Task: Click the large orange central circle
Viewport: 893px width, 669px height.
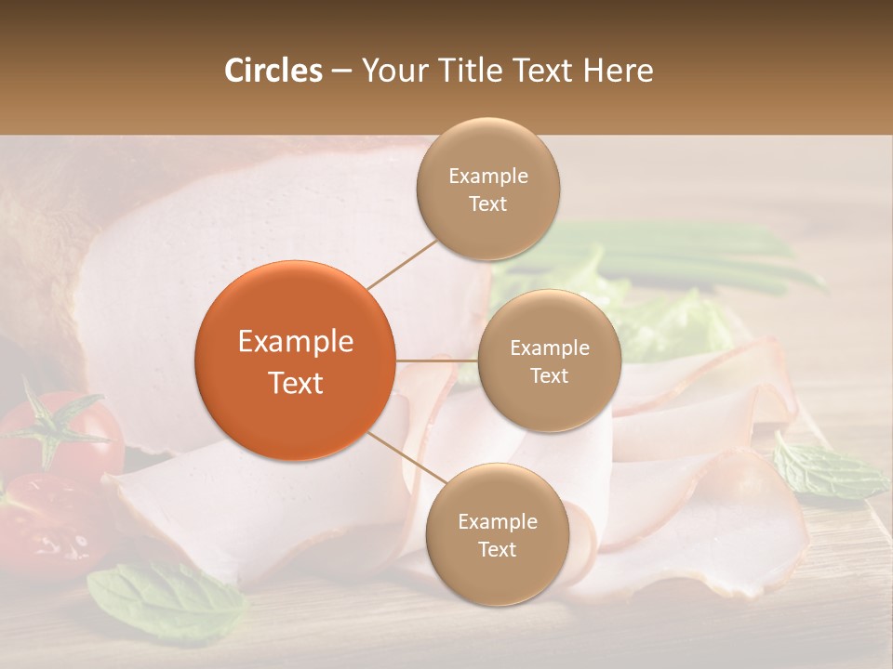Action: tap(295, 361)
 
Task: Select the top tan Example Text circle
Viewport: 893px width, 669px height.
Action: tap(487, 189)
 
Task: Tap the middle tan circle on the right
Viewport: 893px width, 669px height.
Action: tap(549, 361)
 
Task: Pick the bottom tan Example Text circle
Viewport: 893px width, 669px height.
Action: tap(497, 534)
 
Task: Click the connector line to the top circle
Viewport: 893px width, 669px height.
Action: tap(403, 264)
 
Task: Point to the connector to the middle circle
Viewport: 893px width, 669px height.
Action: tap(436, 360)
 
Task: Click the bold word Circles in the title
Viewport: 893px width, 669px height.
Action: tap(273, 71)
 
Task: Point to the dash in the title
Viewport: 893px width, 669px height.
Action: tap(341, 72)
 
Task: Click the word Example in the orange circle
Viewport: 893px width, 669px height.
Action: tap(296, 342)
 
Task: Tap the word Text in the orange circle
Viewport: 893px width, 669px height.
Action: tap(296, 383)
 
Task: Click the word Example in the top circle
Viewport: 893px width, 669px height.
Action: tap(488, 177)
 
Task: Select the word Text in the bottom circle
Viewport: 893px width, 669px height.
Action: tap(497, 549)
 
